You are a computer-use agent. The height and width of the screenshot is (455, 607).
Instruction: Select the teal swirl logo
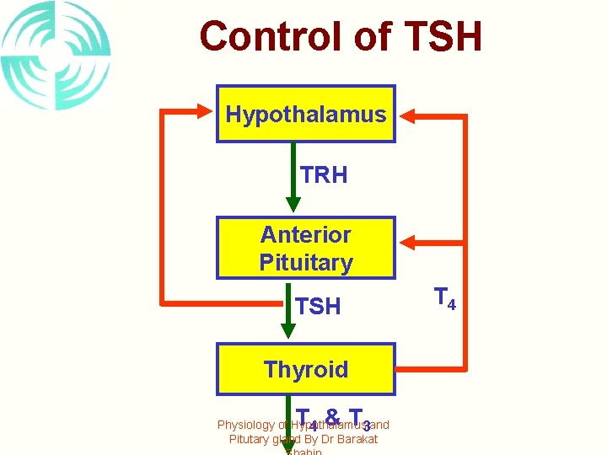pos(55,55)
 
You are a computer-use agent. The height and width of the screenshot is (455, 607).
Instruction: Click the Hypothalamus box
pos(305,114)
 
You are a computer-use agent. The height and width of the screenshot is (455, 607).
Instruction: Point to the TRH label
pos(324,175)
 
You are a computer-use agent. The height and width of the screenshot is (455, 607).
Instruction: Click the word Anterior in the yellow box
pos(305,234)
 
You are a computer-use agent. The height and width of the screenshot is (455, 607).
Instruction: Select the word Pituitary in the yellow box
pos(305,263)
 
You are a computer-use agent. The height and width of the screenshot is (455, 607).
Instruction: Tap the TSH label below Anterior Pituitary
pos(319,307)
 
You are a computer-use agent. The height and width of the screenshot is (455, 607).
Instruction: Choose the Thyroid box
pos(305,369)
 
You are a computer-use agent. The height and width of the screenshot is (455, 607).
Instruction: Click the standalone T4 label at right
pos(444,298)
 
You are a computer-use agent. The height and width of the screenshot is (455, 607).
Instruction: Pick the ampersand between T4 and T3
pos(332,417)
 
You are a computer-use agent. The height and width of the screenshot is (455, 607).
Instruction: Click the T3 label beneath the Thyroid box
pos(360,419)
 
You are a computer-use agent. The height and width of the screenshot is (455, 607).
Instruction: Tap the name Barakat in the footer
pos(357,440)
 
